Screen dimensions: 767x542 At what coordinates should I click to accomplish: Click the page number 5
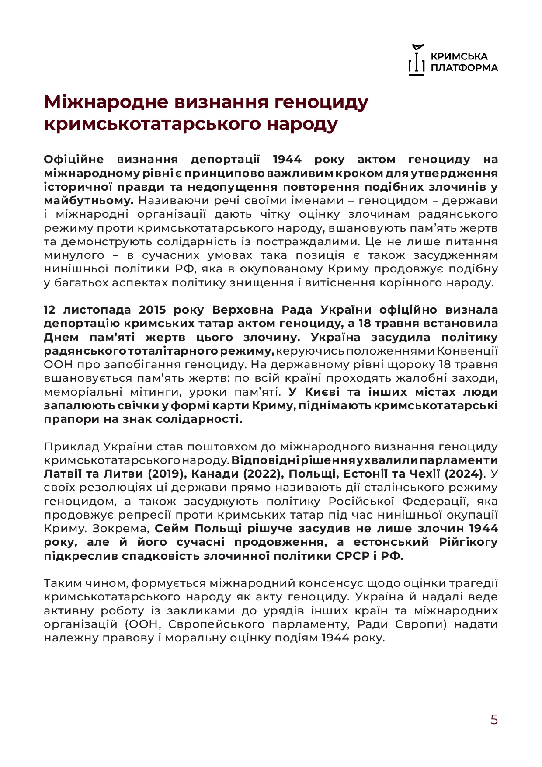494,720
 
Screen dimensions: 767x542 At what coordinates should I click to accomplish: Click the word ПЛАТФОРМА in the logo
464,68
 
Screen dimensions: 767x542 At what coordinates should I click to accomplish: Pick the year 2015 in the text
153,310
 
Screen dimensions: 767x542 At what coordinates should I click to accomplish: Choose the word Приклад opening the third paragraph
72,446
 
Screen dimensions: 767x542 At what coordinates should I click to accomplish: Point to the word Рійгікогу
469,542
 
